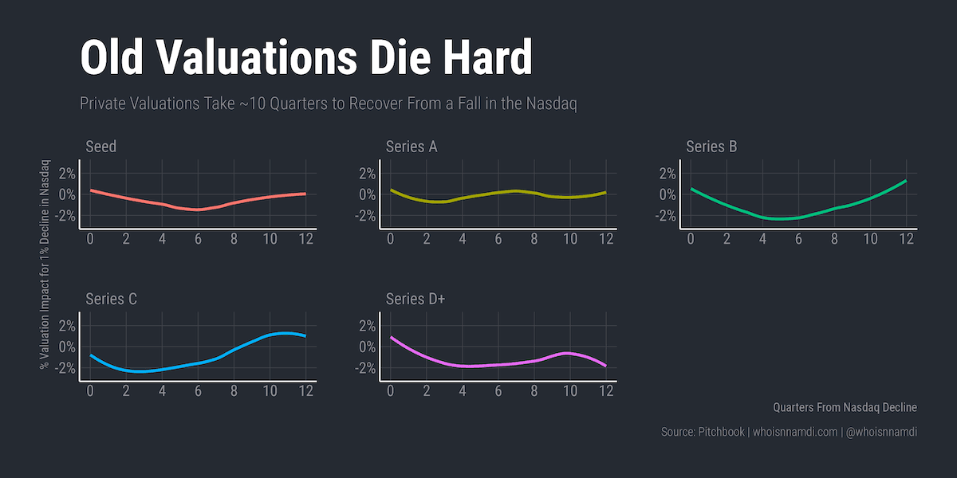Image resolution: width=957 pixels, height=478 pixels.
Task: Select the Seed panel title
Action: click(100, 147)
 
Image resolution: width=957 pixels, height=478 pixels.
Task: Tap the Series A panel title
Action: click(412, 147)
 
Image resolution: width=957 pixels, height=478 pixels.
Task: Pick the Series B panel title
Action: click(711, 147)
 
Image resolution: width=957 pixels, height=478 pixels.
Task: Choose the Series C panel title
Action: click(111, 299)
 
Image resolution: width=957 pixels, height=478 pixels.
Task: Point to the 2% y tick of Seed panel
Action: click(67, 174)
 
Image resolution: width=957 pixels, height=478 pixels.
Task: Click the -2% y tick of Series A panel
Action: click(365, 217)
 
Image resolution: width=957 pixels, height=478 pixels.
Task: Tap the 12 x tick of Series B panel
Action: click(906, 239)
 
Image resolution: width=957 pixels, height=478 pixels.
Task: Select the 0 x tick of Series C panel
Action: click(90, 391)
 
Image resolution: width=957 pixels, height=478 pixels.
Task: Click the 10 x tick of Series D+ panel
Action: click(569, 391)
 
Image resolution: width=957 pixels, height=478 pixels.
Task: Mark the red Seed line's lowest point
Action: click(198, 210)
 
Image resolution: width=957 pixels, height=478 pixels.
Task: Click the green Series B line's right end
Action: click(906, 181)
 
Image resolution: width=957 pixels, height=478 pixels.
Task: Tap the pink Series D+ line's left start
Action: click(391, 337)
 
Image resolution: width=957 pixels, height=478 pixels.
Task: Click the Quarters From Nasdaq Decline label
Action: click(845, 407)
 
